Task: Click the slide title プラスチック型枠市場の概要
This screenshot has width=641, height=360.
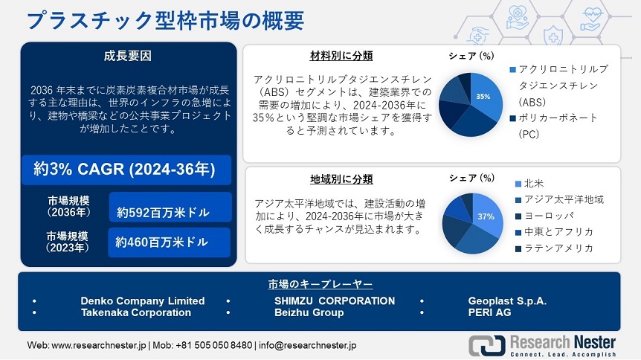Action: [x=166, y=21]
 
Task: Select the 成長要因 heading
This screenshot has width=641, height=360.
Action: [x=128, y=56]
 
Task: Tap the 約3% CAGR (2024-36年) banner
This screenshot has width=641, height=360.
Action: [x=126, y=170]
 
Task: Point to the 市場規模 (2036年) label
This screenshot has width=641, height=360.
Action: [x=68, y=206]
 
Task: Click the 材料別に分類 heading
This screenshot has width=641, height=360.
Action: [x=341, y=56]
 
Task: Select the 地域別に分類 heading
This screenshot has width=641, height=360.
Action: [x=341, y=179]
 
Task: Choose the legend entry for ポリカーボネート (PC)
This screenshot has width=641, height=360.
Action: [x=554, y=126]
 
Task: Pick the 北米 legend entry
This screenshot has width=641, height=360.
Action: [x=529, y=184]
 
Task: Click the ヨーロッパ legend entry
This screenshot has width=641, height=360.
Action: [x=544, y=216]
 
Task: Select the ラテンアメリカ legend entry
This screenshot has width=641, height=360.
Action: [x=554, y=248]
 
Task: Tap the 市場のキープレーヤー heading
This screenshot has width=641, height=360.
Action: [x=320, y=284]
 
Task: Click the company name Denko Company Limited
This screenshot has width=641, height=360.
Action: [x=143, y=300]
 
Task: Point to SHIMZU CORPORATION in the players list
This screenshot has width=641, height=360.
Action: [x=335, y=300]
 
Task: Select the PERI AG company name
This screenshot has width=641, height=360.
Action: [x=489, y=312]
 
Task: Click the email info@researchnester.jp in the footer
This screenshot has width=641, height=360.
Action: [x=307, y=345]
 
